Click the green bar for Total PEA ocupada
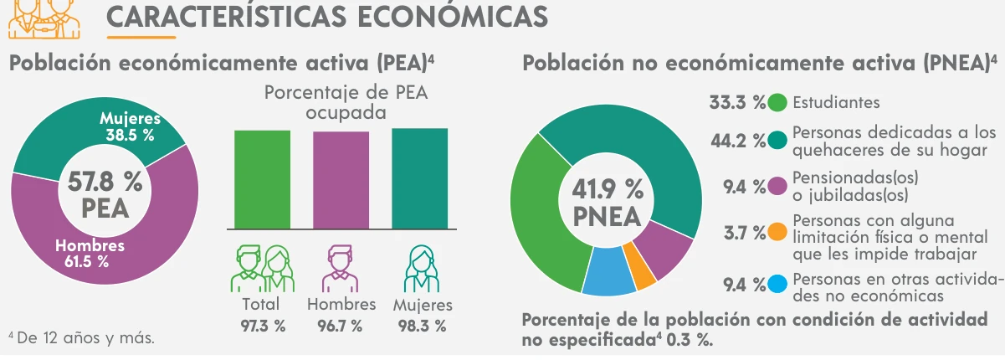point(263,179)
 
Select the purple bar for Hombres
point(341,180)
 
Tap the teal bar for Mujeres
point(420,178)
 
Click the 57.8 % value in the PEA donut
point(105,183)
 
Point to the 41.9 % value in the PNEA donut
point(608,189)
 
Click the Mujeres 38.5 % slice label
point(130,126)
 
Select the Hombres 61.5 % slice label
point(90,253)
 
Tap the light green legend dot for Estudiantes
point(777,102)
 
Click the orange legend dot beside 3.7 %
point(777,232)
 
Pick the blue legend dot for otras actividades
point(777,284)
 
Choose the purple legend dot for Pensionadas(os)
point(777,187)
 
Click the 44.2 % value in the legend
point(738,141)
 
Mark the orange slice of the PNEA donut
point(638,266)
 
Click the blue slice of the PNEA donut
point(608,271)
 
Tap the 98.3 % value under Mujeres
point(423,327)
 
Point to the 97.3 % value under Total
point(263,327)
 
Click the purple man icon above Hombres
point(340,269)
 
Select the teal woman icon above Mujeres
point(422,269)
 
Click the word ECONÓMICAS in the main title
point(453,17)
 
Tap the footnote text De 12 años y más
point(85,338)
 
